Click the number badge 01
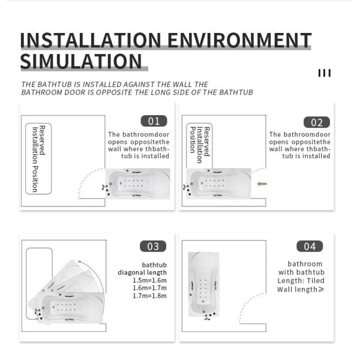coord(154,121)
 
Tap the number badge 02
coord(316,122)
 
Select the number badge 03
coord(153,246)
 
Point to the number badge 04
coord(310,246)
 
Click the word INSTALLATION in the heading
coord(91,40)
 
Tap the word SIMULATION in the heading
coord(81,62)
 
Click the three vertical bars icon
coord(325,73)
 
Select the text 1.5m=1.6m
coord(149,280)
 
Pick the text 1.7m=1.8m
coord(149,296)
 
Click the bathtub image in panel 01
coord(137,183)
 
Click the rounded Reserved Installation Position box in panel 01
coord(38,158)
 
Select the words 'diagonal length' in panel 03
coord(142,272)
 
